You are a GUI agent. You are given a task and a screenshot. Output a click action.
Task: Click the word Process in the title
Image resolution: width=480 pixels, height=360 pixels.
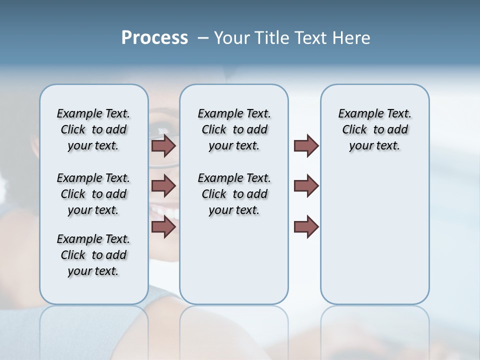click(154, 38)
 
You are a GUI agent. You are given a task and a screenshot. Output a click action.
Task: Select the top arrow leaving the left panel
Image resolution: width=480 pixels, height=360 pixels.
click(163, 145)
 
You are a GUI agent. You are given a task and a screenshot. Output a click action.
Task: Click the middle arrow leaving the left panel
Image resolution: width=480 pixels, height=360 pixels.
click(163, 186)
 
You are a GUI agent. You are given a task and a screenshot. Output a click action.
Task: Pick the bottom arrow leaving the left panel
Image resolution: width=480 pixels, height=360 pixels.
click(163, 226)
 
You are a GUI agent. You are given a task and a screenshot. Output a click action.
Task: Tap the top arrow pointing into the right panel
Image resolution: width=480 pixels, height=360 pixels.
click(306, 145)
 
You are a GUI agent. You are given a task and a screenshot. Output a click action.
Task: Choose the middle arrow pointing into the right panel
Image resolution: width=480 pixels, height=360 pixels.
click(306, 186)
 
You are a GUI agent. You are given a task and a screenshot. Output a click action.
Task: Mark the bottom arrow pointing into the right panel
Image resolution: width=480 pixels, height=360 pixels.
click(306, 226)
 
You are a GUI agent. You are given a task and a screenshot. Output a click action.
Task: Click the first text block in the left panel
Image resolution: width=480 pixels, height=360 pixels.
click(93, 129)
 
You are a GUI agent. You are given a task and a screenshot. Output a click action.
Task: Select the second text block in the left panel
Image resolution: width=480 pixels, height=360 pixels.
click(93, 194)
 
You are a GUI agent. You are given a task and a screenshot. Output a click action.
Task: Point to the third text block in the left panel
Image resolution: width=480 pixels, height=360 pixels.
click(93, 255)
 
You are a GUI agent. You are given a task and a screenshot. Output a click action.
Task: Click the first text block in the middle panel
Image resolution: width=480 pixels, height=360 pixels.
click(234, 129)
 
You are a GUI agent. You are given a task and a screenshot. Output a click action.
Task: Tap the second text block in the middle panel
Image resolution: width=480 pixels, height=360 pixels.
click(234, 194)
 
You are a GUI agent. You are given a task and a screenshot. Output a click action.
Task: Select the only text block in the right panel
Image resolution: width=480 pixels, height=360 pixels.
click(374, 129)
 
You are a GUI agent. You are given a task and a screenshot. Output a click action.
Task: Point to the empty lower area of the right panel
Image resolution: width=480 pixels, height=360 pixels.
click(374, 235)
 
